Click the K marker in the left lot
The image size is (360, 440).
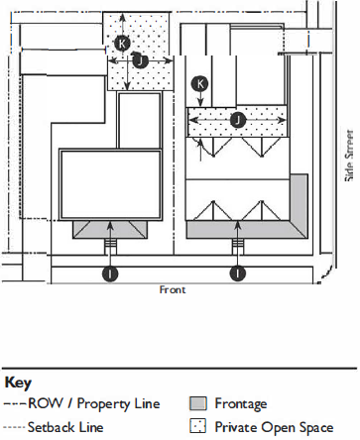[122, 43]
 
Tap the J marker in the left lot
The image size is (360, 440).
[140, 60]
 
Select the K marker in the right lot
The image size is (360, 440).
[200, 83]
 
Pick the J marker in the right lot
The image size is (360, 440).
[238, 120]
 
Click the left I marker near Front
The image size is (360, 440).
[110, 274]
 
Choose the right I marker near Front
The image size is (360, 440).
[238, 274]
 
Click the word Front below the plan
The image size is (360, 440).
[173, 290]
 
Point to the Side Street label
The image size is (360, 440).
[349, 156]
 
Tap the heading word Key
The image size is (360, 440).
[18, 384]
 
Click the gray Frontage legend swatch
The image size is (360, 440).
[198, 403]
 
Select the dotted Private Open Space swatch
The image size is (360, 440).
[198, 426]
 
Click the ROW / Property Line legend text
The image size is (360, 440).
[94, 404]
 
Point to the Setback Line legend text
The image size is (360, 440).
[65, 427]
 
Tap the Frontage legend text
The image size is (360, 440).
[241, 404]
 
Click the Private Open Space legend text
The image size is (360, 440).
[274, 427]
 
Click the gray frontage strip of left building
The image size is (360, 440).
[110, 229]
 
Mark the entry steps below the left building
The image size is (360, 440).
[110, 245]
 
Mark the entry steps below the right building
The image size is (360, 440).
[238, 245]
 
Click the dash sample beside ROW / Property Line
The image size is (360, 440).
[15, 404]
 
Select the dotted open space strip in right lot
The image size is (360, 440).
[237, 122]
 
